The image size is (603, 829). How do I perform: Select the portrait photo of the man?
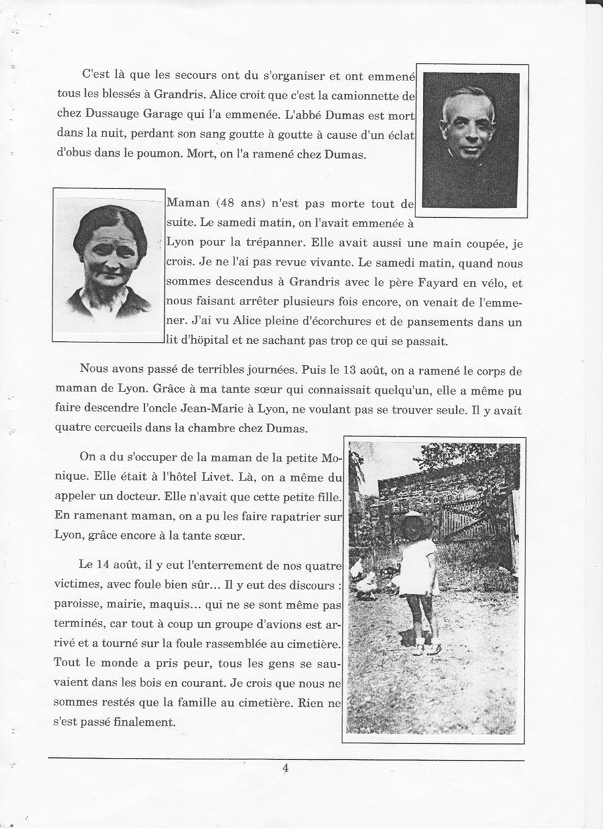(x=472, y=140)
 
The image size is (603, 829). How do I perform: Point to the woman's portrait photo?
(x=109, y=265)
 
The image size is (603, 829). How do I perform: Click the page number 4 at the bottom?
(x=285, y=769)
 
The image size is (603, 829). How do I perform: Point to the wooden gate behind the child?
(x=472, y=516)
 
